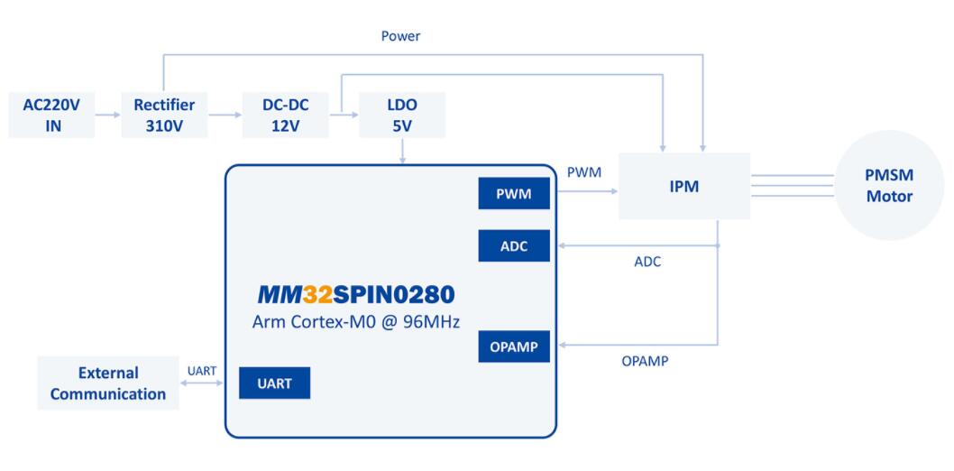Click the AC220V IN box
(x=51, y=115)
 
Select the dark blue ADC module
(x=514, y=245)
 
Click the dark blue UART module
(x=274, y=383)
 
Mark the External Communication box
(x=108, y=383)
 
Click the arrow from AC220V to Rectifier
(x=108, y=115)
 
